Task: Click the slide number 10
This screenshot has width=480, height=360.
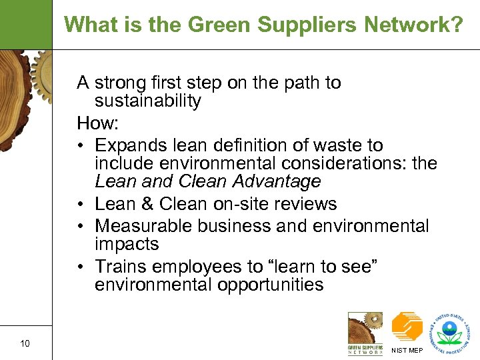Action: (25, 343)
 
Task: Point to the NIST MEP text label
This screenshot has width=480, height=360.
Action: (407, 350)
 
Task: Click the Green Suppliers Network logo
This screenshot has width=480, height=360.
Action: (365, 332)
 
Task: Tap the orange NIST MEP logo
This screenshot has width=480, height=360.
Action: (407, 327)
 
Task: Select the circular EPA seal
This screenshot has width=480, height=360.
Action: (452, 329)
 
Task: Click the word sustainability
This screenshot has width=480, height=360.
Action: (147, 101)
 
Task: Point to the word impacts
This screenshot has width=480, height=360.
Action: (126, 244)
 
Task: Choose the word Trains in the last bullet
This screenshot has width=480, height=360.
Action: (118, 266)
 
